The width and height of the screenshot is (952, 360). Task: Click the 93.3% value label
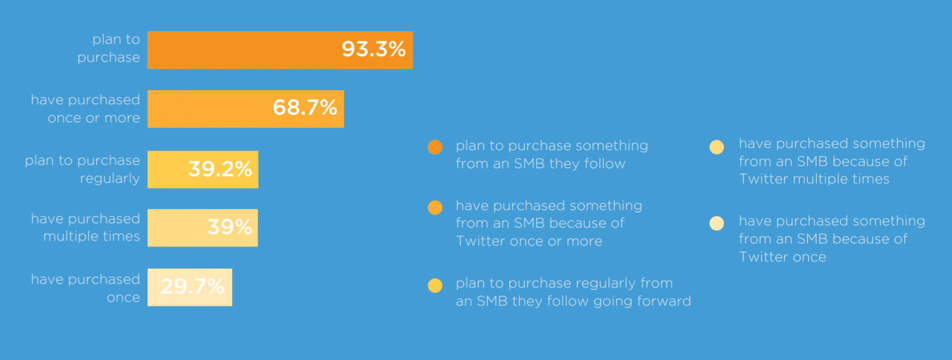click(374, 49)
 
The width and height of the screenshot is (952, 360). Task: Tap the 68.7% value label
click(305, 107)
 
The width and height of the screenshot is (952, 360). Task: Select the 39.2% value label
click(220, 169)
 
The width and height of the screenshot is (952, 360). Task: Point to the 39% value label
click(230, 227)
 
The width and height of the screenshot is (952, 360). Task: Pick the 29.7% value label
click(193, 286)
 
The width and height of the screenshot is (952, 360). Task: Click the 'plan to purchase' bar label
click(109, 48)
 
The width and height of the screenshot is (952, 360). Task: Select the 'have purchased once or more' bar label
click(86, 109)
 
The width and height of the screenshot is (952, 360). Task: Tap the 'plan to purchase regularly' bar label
click(82, 169)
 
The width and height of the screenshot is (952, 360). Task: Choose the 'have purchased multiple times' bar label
click(86, 227)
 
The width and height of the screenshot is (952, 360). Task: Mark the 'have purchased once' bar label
click(86, 288)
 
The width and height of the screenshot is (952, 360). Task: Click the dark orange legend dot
click(435, 147)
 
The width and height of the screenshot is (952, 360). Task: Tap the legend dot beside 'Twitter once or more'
click(435, 207)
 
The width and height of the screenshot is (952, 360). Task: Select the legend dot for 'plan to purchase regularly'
click(435, 285)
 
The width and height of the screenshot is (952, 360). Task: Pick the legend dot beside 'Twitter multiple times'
click(716, 147)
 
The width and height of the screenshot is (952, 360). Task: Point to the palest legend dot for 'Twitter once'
click(716, 223)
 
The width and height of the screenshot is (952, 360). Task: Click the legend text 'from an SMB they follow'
click(541, 164)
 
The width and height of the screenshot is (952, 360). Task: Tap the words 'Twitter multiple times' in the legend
click(814, 179)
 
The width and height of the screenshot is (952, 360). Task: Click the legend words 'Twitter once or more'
click(529, 241)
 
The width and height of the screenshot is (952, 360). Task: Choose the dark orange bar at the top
click(280, 50)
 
